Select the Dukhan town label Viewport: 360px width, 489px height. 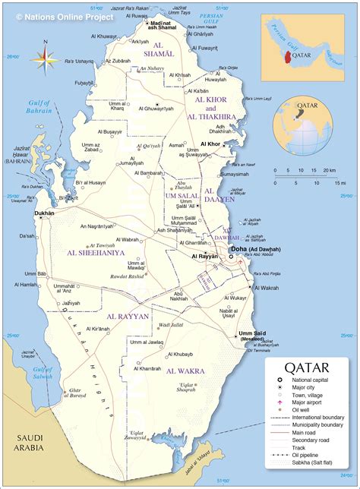tap(44, 213)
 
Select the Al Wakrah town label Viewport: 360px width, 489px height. tap(269, 288)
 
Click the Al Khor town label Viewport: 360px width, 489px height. tap(210, 144)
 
